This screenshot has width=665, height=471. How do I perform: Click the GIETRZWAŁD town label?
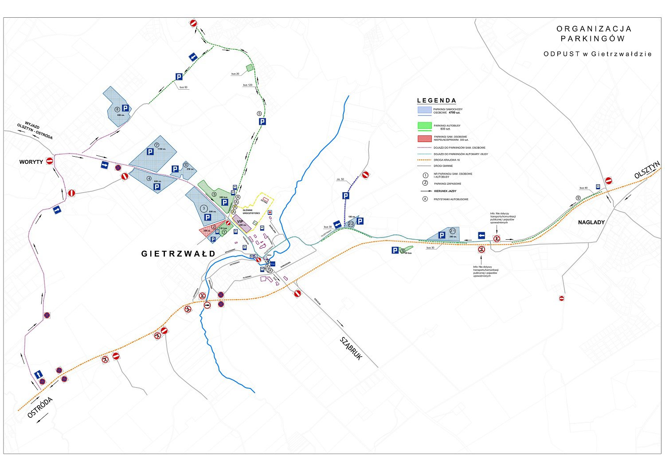[x=178, y=254]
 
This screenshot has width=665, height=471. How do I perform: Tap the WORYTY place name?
[x=31, y=162]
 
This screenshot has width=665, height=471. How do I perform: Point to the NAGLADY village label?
[x=591, y=222]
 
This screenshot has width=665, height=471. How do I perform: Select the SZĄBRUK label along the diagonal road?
[x=352, y=348]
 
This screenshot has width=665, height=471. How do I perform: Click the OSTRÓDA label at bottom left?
[x=40, y=407]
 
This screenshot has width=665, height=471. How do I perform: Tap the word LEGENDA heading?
[x=436, y=101]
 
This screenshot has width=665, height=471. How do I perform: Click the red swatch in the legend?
[x=424, y=139]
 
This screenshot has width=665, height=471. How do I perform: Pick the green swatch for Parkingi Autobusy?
[x=424, y=126]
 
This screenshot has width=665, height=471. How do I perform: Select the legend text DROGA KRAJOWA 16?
[x=446, y=160]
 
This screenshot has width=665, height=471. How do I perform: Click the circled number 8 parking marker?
[x=117, y=109]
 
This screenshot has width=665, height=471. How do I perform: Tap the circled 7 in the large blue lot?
[x=157, y=145]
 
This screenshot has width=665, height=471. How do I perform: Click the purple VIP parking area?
[x=241, y=223]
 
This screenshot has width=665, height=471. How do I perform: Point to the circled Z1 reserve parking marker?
[x=452, y=231]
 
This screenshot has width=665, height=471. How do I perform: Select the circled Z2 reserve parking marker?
[x=351, y=224]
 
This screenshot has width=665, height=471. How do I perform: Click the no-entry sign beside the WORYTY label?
[x=50, y=161]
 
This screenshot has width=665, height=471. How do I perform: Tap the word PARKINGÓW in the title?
[x=593, y=39]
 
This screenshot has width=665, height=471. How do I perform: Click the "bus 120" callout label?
[x=247, y=85]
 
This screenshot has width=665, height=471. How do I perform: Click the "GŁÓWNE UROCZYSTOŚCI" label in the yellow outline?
[x=251, y=212]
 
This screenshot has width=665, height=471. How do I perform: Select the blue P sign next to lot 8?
[x=125, y=108]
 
